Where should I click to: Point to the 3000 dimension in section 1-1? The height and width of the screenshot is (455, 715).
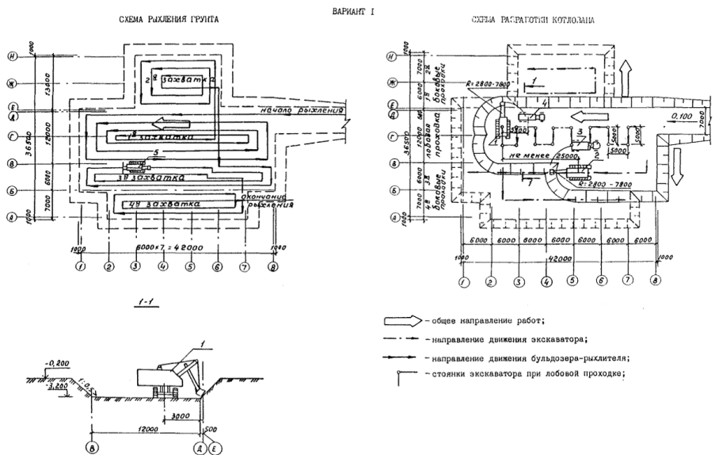pyautogui.click(x=182, y=415)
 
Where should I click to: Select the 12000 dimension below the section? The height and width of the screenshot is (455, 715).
pyautogui.click(x=145, y=428)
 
